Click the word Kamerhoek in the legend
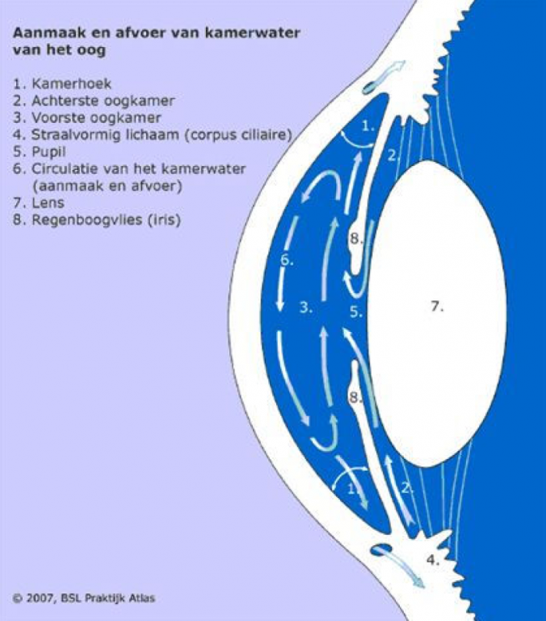click(72, 84)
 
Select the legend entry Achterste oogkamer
click(103, 101)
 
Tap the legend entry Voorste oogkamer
click(96, 118)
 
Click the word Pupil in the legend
click(48, 151)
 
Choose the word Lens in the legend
click(48, 203)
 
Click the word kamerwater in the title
click(252, 32)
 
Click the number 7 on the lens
click(437, 306)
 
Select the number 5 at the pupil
click(356, 312)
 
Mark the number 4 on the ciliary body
click(433, 560)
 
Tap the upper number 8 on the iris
click(355, 239)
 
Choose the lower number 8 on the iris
click(355, 397)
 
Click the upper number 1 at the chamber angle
click(368, 126)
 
